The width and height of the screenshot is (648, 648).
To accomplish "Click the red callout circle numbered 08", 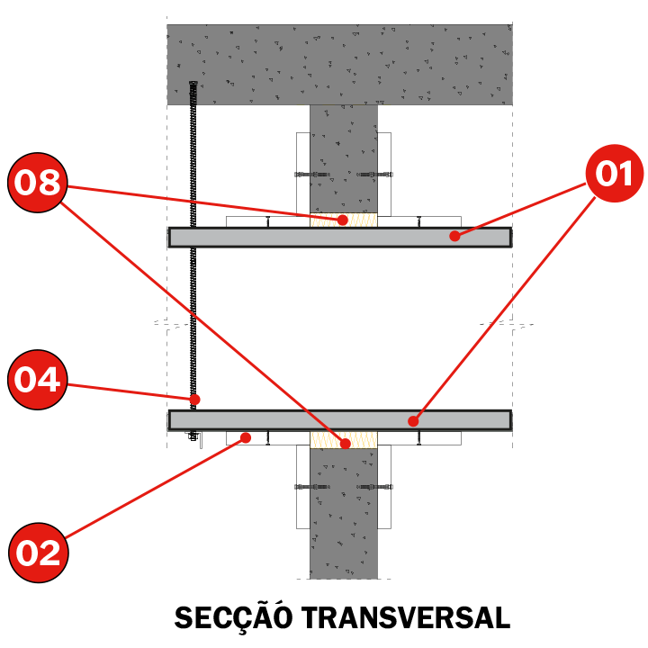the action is pyautogui.click(x=37, y=182).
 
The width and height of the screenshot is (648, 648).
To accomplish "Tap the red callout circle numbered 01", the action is pyautogui.click(x=615, y=173).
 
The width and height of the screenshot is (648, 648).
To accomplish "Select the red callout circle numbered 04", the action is pyautogui.click(x=37, y=380).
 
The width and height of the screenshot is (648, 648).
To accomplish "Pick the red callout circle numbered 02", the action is pyautogui.click(x=39, y=553).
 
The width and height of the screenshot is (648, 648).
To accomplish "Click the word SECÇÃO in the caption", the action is pyautogui.click(x=233, y=618).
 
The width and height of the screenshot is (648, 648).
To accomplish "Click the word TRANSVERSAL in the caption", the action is pyautogui.click(x=405, y=618).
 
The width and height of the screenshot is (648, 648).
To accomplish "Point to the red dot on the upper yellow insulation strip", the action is pyautogui.click(x=342, y=220).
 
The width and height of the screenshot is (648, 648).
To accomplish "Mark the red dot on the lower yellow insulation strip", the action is pyautogui.click(x=346, y=444).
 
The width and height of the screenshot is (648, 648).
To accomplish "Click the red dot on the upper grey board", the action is pyautogui.click(x=454, y=236).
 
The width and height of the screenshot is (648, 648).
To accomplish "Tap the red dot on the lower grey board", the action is pyautogui.click(x=413, y=421).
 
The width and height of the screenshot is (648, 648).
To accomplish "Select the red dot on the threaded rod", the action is pyautogui.click(x=194, y=400).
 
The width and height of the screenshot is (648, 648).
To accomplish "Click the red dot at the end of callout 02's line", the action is pyautogui.click(x=246, y=437).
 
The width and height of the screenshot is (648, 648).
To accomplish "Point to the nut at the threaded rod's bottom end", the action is pyautogui.click(x=193, y=436).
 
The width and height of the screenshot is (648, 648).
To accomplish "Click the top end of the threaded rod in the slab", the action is pyautogui.click(x=193, y=84).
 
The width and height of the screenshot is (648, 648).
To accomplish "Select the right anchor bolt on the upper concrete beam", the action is pyautogui.click(x=374, y=175).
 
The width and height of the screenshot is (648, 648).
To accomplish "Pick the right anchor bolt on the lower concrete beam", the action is pyautogui.click(x=374, y=487).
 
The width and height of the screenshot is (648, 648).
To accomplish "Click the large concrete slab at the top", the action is pyautogui.click(x=339, y=65).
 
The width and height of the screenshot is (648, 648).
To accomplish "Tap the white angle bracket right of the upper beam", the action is pyautogui.click(x=385, y=174).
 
